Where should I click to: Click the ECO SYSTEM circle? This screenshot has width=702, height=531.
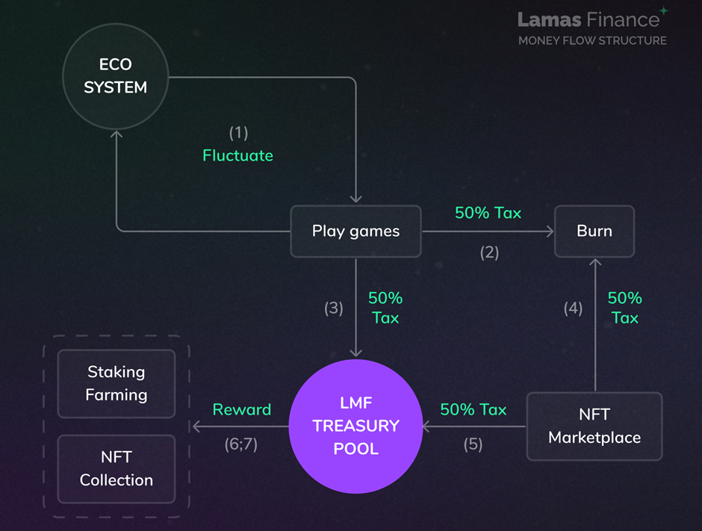coord(115,76)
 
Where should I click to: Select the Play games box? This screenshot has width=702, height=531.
coord(355,231)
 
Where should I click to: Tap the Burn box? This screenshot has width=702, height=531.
coord(594,231)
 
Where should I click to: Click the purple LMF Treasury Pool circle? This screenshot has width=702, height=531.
coord(355,426)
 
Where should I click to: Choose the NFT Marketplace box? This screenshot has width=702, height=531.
coord(594,426)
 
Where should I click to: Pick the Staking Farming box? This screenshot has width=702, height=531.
coord(117,383)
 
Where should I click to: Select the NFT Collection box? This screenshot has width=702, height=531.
coord(117,469)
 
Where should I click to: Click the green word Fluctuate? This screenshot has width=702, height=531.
coord(237,155)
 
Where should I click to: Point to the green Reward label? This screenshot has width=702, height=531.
coord(241,409)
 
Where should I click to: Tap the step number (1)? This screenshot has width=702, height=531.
coord(237,133)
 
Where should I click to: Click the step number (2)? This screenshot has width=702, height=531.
coord(488,252)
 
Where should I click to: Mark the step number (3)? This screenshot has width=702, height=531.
coord(333,308)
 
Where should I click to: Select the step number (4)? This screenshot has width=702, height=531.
coord(573,308)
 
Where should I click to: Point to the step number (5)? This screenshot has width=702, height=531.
coord(473,444)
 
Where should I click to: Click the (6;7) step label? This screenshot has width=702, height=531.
coord(240,444)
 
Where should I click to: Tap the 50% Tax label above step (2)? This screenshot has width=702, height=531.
coord(488,213)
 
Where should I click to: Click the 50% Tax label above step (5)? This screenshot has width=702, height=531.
coord(473,409)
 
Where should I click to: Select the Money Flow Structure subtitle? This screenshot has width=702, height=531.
coord(592,40)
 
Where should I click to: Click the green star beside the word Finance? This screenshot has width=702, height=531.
coord(664,10)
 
